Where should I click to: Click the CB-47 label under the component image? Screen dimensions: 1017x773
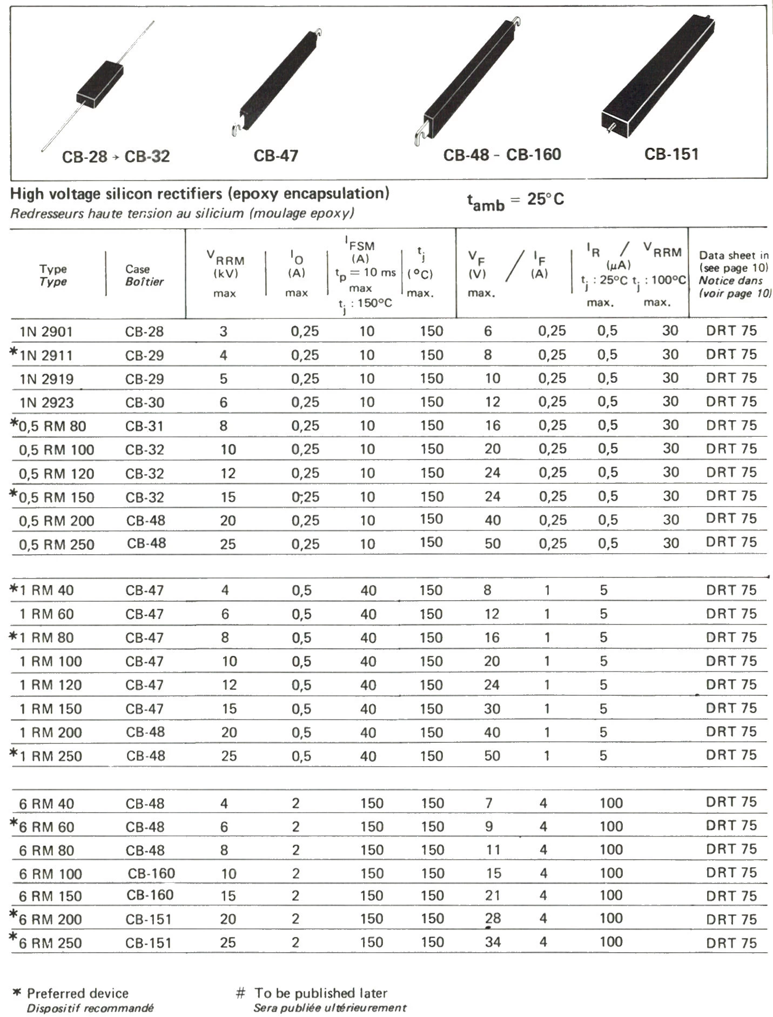point(275,156)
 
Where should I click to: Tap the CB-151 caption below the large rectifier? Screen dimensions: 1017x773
point(671,154)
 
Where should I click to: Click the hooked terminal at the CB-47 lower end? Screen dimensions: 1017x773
point(236,130)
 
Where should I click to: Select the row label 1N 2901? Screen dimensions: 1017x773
point(46,331)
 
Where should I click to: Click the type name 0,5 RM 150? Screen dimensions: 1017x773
point(57,497)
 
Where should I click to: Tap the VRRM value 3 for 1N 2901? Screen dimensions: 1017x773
point(224,331)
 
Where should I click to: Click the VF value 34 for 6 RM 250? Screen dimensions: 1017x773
point(493,942)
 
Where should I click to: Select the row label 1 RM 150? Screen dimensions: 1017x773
point(51,709)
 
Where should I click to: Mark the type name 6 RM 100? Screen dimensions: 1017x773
point(51,874)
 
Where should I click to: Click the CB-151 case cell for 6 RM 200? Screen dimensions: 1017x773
point(149,919)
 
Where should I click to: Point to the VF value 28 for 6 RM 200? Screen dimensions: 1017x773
point(493,919)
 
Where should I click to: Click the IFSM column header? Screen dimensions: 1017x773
point(360,246)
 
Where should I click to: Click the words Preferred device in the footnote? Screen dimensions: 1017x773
point(78,993)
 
